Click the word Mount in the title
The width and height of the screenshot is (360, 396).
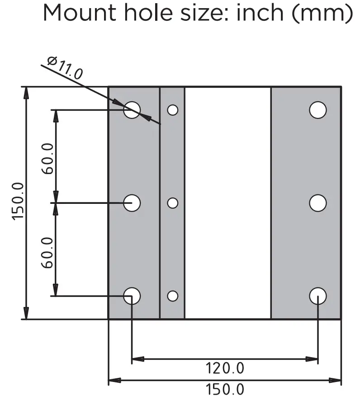click(x=80, y=14)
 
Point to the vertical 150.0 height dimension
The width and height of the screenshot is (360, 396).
click(x=18, y=201)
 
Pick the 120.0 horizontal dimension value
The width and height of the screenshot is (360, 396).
click(x=225, y=368)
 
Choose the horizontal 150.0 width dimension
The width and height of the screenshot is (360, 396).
click(x=225, y=389)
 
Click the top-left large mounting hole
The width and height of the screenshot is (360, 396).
click(x=132, y=109)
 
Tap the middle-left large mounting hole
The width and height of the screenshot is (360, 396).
click(x=132, y=203)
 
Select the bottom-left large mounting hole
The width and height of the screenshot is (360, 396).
click(x=132, y=296)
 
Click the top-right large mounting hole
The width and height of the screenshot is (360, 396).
click(x=318, y=109)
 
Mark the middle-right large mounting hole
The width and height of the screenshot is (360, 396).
click(x=318, y=203)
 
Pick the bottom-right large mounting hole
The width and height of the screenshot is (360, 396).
click(x=318, y=296)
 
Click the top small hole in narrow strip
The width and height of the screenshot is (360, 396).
click(x=172, y=109)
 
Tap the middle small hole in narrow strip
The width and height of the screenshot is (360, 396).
click(x=172, y=203)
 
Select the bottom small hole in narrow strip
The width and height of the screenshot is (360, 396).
click(x=172, y=296)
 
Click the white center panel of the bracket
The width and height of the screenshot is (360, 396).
click(x=227, y=203)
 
